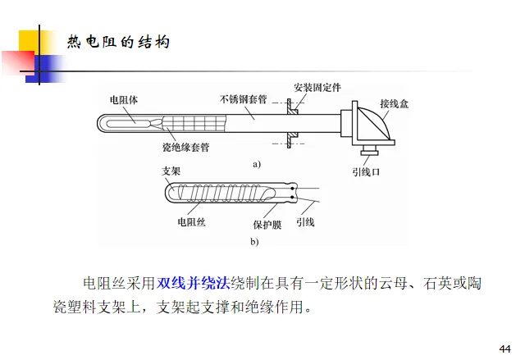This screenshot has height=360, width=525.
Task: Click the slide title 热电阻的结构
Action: coord(118,41)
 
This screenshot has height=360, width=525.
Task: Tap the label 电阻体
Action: coord(124,99)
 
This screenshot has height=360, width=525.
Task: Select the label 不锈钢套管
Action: coord(244,99)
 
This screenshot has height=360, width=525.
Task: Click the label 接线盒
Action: coord(392,104)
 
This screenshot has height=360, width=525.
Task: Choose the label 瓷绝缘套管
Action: coord(185,149)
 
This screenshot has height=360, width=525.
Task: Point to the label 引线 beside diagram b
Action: coord(304,222)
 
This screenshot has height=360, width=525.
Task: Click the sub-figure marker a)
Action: coord(256,164)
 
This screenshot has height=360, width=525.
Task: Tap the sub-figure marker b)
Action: coord(254,242)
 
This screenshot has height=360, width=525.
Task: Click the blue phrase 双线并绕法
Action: coord(194,284)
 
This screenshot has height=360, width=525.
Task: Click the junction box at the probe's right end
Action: coord(370,123)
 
